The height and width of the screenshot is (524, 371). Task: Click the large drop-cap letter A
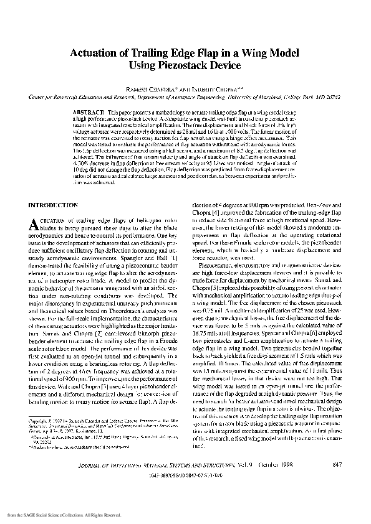35,223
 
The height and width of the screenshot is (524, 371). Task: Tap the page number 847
337,482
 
